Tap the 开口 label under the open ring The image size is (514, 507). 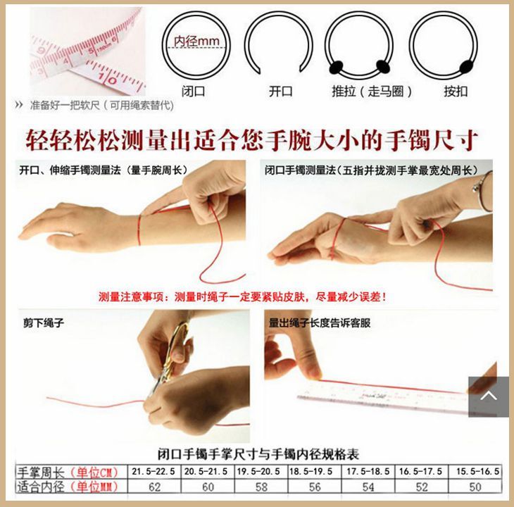point(280,91)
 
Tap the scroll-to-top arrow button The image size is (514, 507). point(488,396)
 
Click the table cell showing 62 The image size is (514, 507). point(155,487)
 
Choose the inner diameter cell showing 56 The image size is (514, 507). point(315,487)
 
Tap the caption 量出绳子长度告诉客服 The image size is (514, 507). point(319,323)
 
